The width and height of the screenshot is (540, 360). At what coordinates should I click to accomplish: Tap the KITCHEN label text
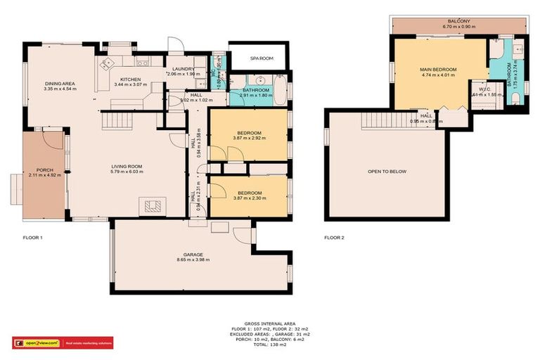[131, 79]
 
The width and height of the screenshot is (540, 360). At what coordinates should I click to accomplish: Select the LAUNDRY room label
[183, 68]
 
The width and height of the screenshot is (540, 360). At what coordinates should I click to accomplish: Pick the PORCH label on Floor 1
[45, 170]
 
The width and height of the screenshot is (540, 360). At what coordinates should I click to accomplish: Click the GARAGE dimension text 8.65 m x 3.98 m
[194, 260]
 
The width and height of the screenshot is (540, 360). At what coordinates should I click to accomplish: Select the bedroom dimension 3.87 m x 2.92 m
[250, 138]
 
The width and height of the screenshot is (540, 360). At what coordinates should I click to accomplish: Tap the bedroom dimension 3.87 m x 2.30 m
[250, 198]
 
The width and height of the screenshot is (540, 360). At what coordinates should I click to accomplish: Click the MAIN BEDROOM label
[439, 70]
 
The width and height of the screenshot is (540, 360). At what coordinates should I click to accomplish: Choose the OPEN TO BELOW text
[387, 172]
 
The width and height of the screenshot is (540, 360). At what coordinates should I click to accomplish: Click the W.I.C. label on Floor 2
[484, 89]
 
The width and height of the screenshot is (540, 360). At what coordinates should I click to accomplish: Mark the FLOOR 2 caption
[335, 238]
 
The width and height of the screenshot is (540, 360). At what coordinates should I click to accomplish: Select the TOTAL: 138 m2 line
[270, 345]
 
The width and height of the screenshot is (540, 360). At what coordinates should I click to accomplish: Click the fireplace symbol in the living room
[153, 206]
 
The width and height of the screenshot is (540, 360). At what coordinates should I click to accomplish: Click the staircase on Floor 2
[376, 122]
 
